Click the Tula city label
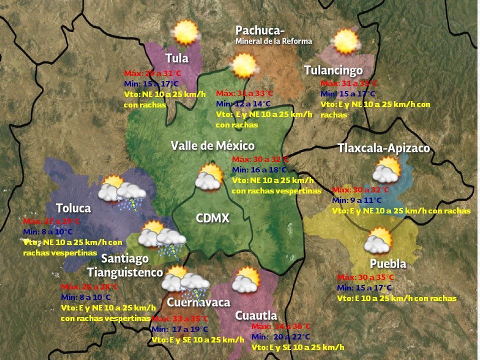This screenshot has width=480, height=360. pyautogui.click(x=177, y=58)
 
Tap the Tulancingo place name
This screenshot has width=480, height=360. pyautogui.click(x=333, y=70)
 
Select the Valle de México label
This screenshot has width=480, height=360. pyautogui.click(x=212, y=145)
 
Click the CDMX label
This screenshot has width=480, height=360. pyautogui.click(x=212, y=218)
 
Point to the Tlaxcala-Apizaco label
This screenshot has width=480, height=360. pyautogui.click(x=383, y=148)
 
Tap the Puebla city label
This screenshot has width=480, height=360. pyautogui.click(x=387, y=263)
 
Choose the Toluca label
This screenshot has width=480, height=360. pyautogui.click(x=73, y=208)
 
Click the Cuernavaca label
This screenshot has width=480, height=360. pyautogui.click(x=198, y=302)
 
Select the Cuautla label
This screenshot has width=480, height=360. pyautogui.click(x=256, y=315)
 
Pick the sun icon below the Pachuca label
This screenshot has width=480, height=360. pyautogui.click(x=244, y=65)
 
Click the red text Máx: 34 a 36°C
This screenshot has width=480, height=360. pyautogui.click(x=281, y=326)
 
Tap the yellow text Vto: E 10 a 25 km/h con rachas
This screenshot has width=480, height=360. pyautogui.click(x=396, y=298)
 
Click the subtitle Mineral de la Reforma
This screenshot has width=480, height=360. pyautogui.click(x=273, y=41)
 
